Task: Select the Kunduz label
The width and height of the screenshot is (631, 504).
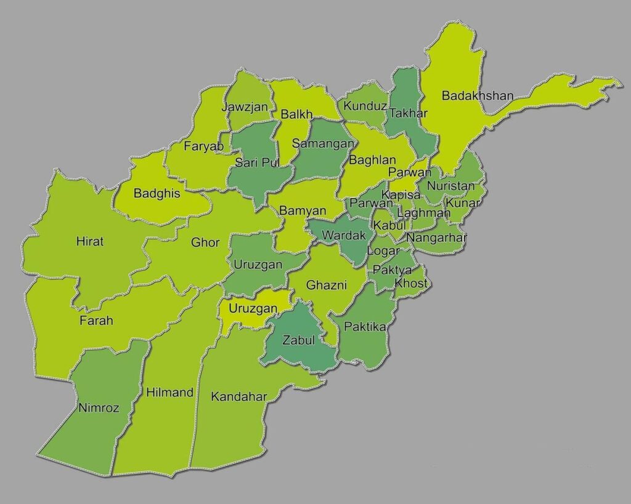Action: pos(365,106)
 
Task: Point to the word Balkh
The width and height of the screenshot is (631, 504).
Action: pos(296,114)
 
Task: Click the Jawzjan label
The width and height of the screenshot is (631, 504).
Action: pos(245,107)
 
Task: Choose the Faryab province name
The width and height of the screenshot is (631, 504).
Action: pos(203,146)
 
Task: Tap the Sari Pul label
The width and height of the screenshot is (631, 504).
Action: pos(257,162)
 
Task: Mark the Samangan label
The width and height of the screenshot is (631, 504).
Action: pos(324,143)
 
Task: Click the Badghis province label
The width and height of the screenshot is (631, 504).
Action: pos(157,193)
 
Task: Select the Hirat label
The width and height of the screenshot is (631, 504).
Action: pos(90,241)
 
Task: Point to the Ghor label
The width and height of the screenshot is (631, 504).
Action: pos(205,242)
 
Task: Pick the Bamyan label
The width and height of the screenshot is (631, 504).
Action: pos(303,210)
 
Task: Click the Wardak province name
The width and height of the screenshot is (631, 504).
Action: pos(344,235)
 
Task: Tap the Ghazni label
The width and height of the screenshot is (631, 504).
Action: pos(327,285)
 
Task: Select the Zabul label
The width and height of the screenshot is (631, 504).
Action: pos(298,340)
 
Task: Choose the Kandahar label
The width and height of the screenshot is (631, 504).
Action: pos(239,396)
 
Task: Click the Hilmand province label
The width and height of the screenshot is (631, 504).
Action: pos(170,392)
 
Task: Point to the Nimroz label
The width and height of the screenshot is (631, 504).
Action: pos(99,407)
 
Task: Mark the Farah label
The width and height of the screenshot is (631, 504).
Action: pos(96,320)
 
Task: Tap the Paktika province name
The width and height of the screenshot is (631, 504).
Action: pos(365,326)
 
